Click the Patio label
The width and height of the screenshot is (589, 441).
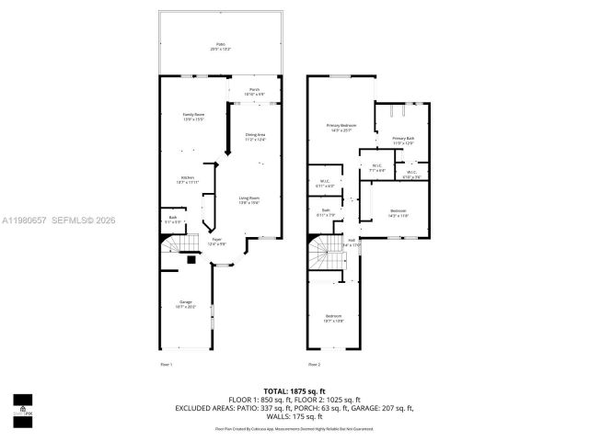(x=220, y=46)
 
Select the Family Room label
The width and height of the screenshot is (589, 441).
(x=192, y=117)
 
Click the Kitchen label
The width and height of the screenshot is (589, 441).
(x=187, y=180)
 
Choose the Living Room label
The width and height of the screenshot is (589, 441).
(x=249, y=200)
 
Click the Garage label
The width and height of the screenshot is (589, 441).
(x=186, y=305)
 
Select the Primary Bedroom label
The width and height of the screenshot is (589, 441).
(x=341, y=128)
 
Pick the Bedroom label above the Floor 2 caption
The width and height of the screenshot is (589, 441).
(x=333, y=318)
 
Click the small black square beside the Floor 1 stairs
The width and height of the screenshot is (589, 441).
(x=191, y=260)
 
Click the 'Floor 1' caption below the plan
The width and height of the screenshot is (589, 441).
(x=167, y=365)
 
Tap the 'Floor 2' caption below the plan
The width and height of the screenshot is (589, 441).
(x=315, y=365)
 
